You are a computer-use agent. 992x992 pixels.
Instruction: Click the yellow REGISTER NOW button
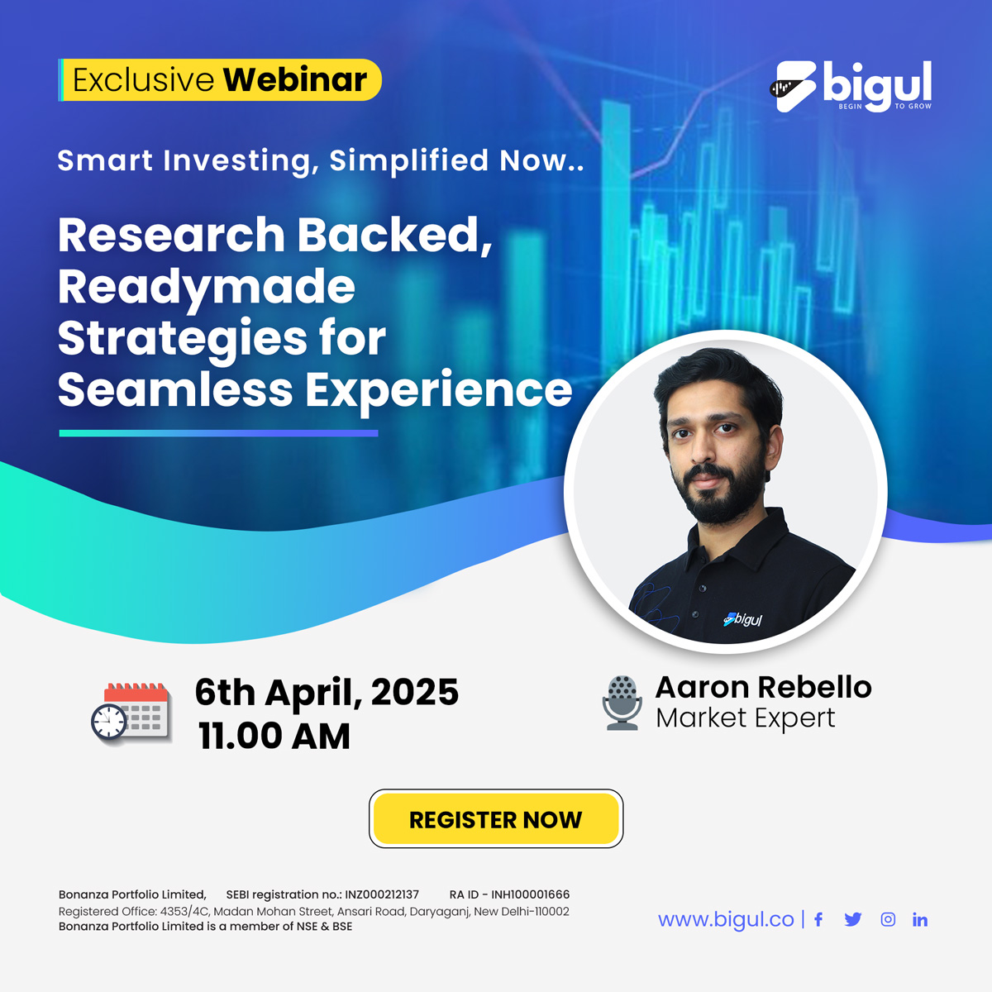coord(496,818)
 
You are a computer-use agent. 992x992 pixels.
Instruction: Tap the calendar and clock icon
coord(131,713)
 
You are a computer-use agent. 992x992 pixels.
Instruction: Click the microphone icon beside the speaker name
coord(622,703)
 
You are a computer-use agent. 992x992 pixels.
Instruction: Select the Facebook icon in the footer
coord(818,919)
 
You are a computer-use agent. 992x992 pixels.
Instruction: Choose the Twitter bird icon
coord(853,919)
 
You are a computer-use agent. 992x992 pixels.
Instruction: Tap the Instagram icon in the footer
coord(888,919)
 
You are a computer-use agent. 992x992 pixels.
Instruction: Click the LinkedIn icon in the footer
coord(920,919)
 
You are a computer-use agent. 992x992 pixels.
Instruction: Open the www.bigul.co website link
coord(726,919)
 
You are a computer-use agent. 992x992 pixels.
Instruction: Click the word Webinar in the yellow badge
coord(295,80)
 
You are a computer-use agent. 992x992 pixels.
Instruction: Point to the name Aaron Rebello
coord(764,687)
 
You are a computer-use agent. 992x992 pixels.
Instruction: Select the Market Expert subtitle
coord(746,718)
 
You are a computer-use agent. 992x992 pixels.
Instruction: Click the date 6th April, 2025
coord(327,693)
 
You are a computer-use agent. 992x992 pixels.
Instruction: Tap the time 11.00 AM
coord(274,736)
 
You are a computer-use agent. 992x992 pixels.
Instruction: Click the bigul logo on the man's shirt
coord(742,619)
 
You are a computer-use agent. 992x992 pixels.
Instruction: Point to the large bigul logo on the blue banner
coord(851,87)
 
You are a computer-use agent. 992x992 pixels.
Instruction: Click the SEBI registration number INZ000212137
coord(381,894)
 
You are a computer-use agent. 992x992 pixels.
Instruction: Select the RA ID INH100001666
coord(530,894)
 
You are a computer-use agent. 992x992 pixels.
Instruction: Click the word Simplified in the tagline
coord(408,160)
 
